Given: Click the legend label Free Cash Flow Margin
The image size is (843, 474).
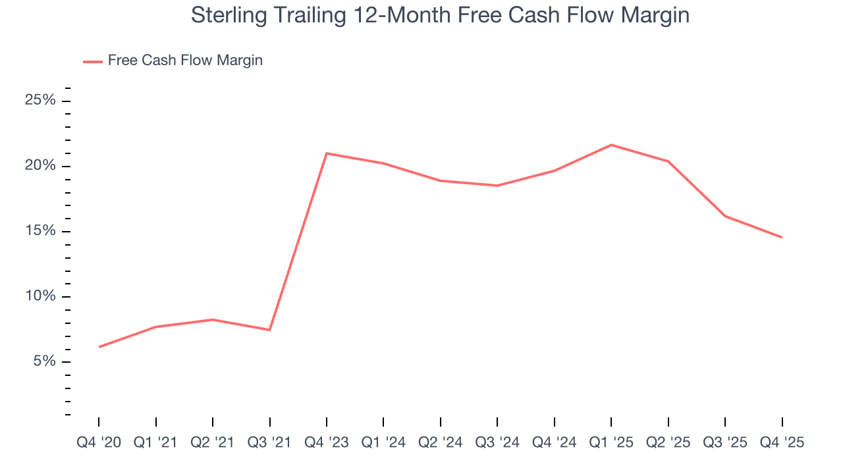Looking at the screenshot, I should [185, 61].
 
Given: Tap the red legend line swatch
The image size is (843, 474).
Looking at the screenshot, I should [92, 61].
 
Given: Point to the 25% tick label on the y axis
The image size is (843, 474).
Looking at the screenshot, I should [40, 101].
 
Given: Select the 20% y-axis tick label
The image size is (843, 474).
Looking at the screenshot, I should [40, 166].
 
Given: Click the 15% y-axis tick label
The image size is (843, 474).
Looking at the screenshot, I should [40, 231].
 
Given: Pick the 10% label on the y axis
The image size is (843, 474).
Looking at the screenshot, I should [40, 296].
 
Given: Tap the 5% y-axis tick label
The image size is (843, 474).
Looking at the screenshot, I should [44, 361].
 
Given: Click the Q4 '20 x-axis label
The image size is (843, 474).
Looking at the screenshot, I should [99, 443].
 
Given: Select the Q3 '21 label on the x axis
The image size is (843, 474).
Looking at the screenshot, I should [269, 443].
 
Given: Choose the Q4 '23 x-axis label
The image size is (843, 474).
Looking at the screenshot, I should [327, 443].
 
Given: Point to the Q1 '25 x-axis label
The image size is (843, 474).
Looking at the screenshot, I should [611, 443].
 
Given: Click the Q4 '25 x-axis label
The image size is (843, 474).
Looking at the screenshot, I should [782, 443].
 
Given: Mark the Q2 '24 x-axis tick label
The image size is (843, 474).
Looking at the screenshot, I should [440, 443].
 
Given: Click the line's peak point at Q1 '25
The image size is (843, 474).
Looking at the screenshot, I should [611, 145].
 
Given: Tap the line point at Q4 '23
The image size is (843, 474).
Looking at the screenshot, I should [327, 153].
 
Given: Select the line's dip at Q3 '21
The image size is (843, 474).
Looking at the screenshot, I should [269, 330].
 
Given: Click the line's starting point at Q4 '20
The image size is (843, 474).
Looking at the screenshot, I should [99, 347].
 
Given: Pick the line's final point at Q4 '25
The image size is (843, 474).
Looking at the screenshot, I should [782, 237].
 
